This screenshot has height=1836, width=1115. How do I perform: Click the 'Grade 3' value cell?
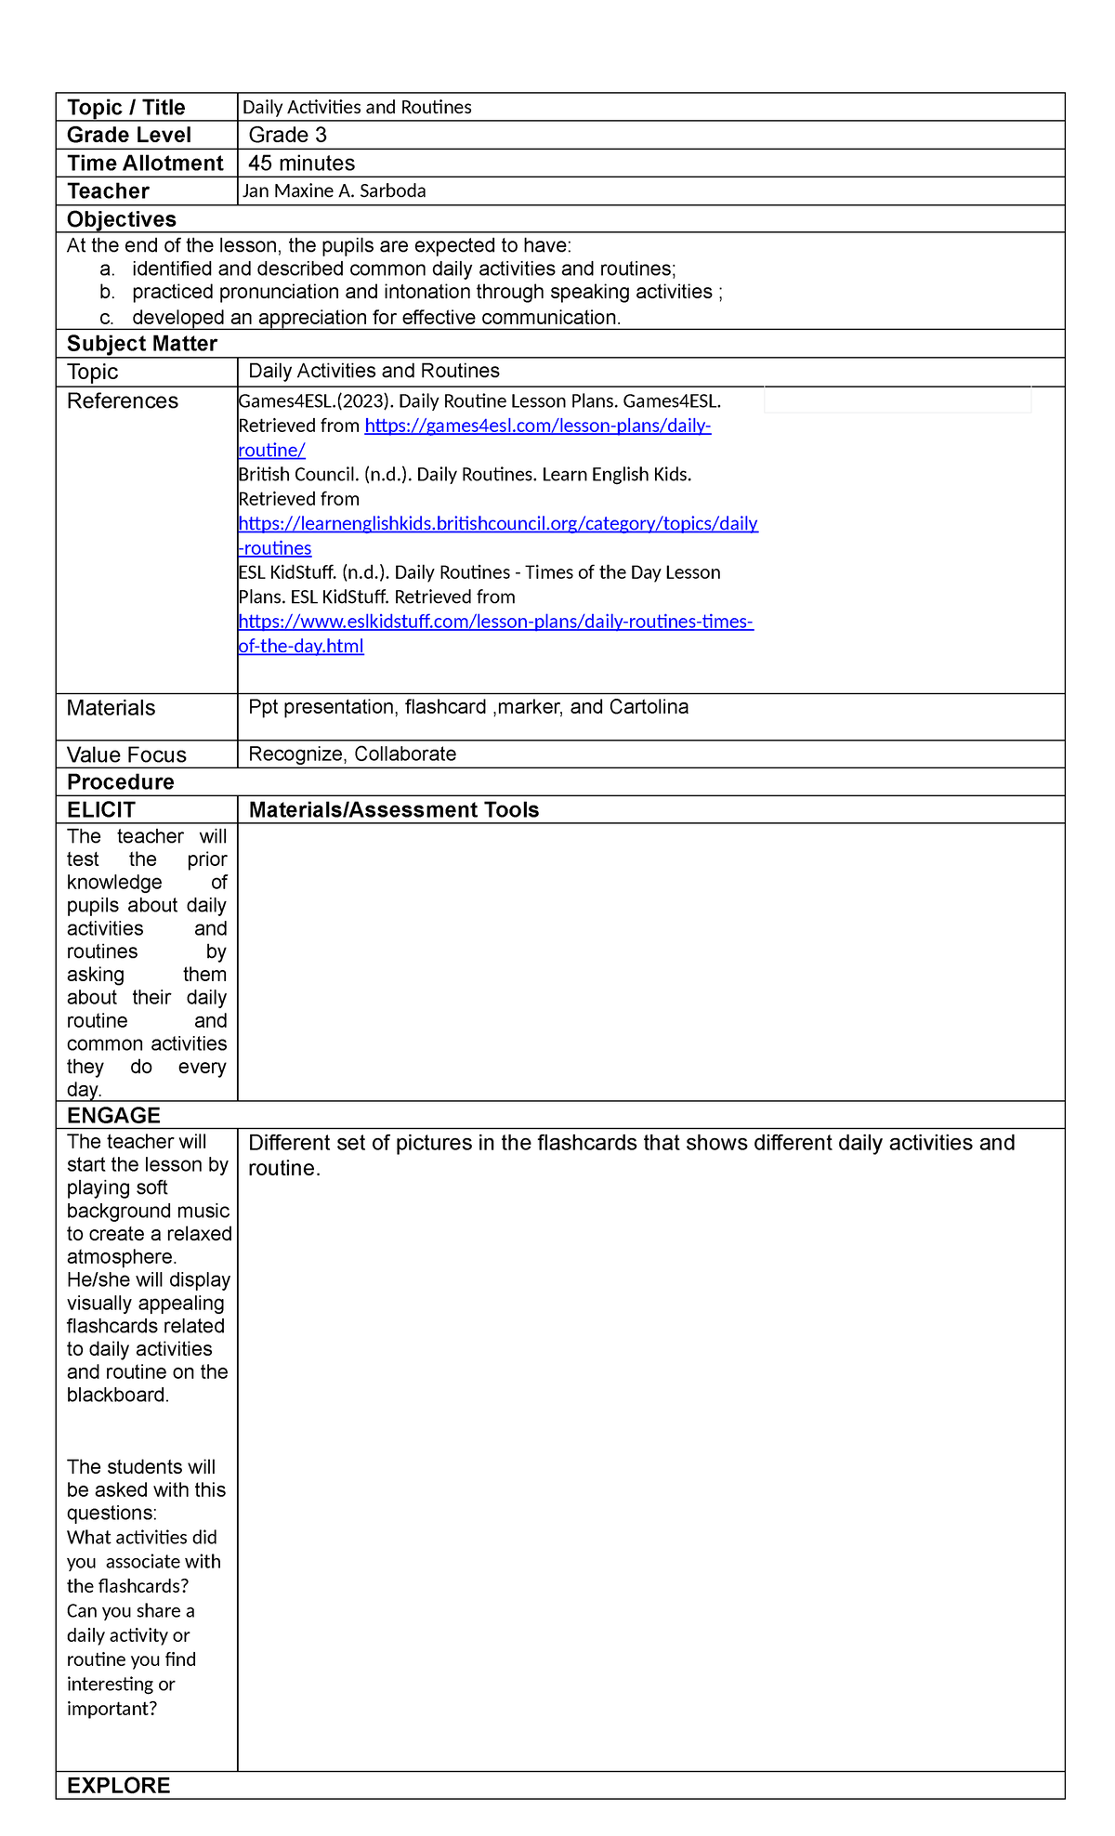click(288, 136)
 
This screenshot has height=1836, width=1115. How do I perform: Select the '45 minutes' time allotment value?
click(302, 164)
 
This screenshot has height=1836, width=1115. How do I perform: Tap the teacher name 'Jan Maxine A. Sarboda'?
click(334, 191)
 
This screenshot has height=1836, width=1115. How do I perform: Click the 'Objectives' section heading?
click(122, 219)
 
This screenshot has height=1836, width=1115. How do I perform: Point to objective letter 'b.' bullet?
click(108, 293)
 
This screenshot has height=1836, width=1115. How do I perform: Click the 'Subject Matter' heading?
click(142, 344)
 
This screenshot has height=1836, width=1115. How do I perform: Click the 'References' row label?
click(123, 401)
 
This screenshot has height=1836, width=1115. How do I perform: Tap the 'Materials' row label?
click(111, 708)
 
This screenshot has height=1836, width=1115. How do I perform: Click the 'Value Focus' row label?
click(126, 754)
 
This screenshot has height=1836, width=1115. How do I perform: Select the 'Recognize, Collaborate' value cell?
click(352, 754)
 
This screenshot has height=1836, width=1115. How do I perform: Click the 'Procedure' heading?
click(121, 782)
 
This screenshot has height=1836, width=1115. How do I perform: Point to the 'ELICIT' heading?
click(101, 810)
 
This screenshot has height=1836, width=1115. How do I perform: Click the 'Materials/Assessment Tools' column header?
click(394, 810)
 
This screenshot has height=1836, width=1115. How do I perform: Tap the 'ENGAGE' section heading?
click(113, 1115)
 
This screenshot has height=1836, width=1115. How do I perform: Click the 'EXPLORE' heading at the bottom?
click(119, 1785)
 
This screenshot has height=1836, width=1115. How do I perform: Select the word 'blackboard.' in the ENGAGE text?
click(118, 1395)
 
